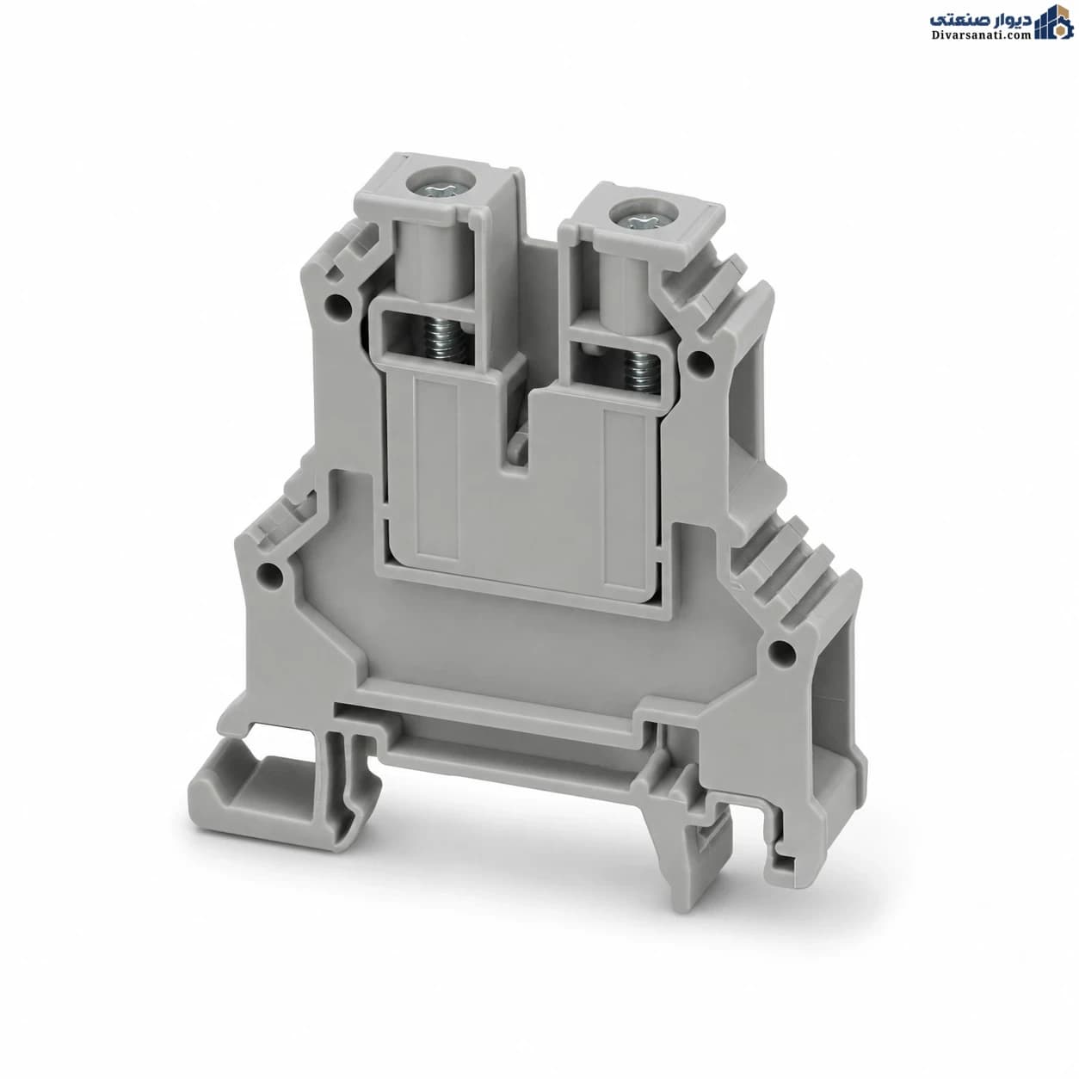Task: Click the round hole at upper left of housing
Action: [339, 305]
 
